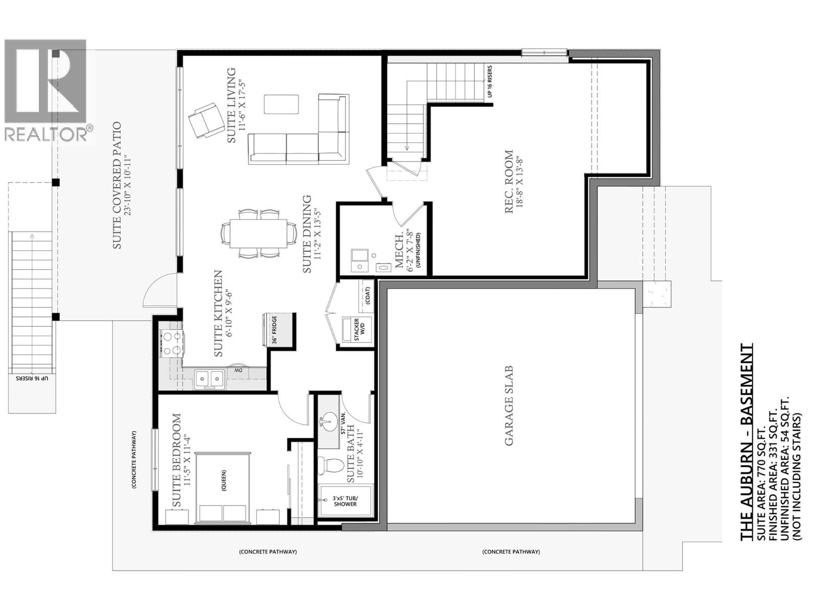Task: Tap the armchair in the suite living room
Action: click(203, 120)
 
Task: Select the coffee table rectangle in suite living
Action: click(281, 104)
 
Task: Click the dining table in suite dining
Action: click(259, 233)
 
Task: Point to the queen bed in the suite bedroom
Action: click(223, 488)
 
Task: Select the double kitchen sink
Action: click(210, 379)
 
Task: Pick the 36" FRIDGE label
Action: click(274, 330)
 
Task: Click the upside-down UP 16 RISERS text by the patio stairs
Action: click(32, 378)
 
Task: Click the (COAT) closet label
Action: click(367, 295)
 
